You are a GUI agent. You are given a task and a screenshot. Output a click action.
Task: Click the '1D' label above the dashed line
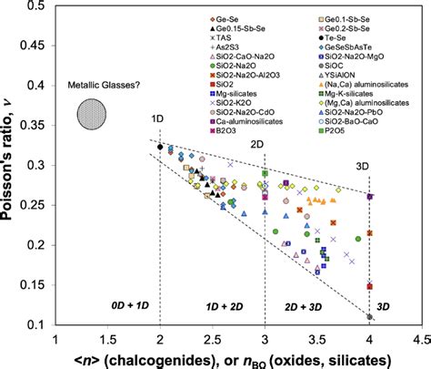pyautogui.click(x=160, y=119)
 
